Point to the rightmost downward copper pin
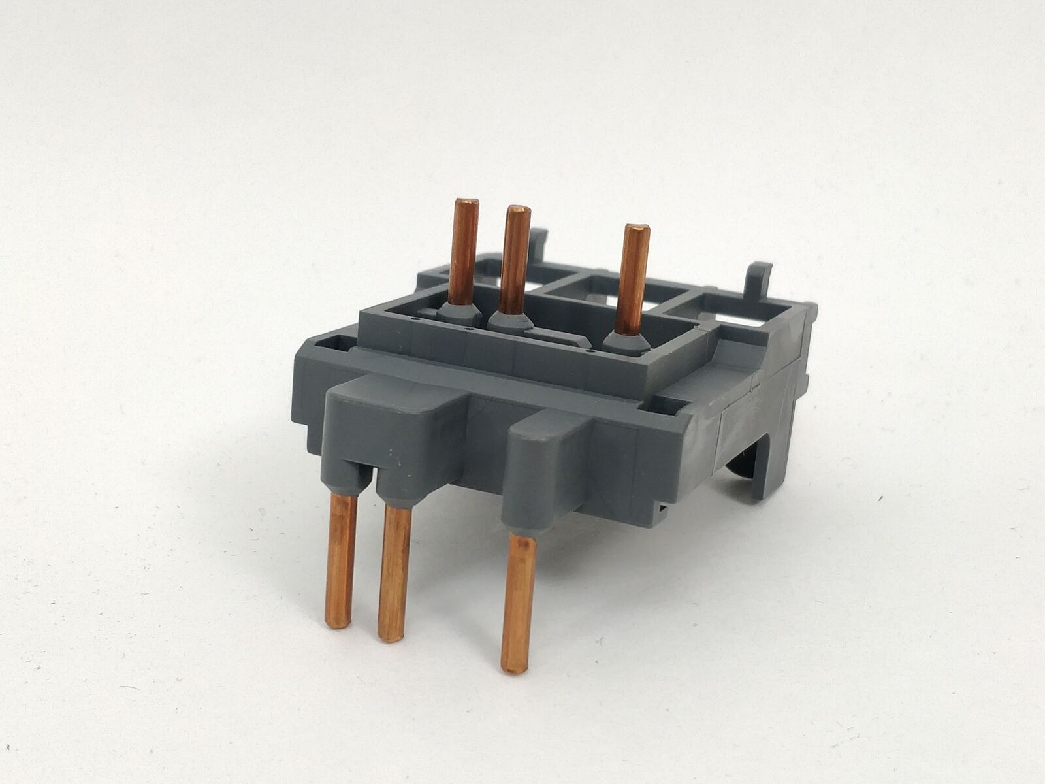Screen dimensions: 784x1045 click(x=516, y=601)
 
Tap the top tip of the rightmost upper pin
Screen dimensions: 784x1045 click(x=636, y=229)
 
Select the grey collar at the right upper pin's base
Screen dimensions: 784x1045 click(x=620, y=339)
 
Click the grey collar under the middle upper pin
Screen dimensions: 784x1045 click(x=509, y=320)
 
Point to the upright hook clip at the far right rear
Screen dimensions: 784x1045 click(x=760, y=281)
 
